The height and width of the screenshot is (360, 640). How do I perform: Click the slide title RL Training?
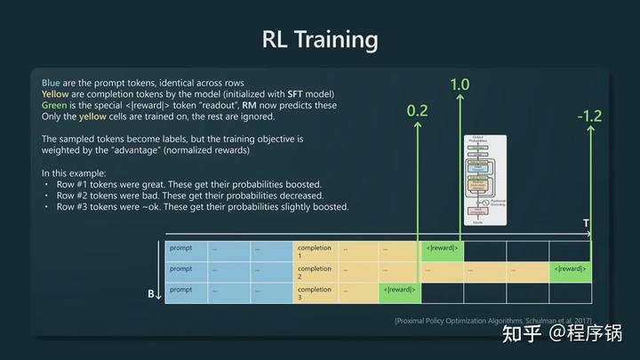320,39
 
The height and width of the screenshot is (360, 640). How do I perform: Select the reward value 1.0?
460,84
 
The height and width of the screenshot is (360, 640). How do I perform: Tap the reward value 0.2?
417,111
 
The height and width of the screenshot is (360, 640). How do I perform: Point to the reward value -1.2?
589,116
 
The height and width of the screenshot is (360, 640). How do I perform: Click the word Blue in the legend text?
52,83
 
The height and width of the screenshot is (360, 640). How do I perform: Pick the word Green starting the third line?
55,106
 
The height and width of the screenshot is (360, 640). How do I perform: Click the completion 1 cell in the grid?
315,251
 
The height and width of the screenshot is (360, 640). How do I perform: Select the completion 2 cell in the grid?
315,271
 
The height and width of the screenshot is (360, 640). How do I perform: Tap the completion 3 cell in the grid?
315,292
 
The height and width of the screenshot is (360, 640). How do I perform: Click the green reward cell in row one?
443,248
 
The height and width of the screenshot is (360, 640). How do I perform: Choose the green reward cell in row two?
570,269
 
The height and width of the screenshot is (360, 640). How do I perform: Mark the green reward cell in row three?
400,290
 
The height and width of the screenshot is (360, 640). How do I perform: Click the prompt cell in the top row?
187,250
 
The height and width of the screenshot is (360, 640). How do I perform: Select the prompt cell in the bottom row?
187,292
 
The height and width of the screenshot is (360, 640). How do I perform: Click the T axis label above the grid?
585,222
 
